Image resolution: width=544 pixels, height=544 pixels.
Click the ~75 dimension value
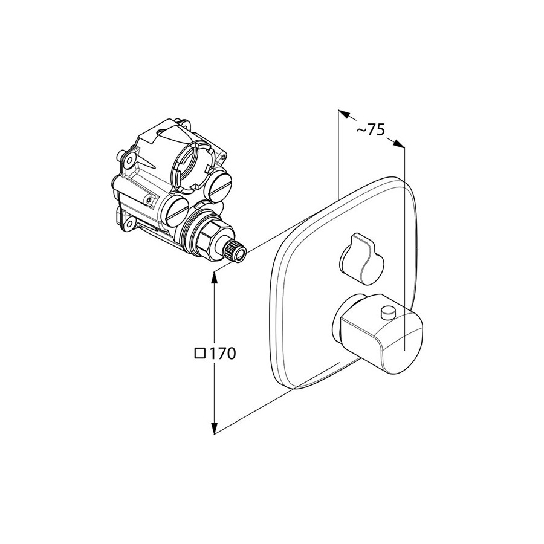(371, 130)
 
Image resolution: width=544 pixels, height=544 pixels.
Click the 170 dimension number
(222, 354)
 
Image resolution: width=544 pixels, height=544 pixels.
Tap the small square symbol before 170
(199, 354)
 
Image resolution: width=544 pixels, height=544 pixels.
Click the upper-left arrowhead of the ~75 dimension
(345, 114)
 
